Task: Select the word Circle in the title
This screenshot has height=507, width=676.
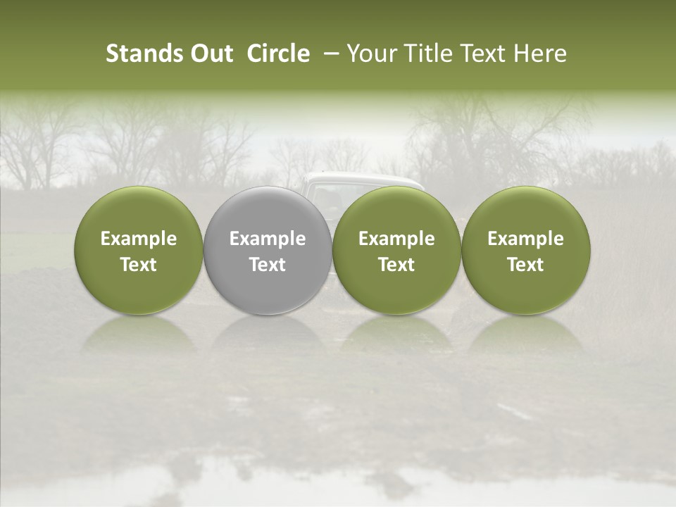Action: click(x=278, y=54)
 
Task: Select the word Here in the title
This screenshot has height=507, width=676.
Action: click(x=539, y=54)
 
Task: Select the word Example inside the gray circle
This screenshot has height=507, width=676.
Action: click(x=268, y=239)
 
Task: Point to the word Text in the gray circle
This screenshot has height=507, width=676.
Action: click(x=268, y=265)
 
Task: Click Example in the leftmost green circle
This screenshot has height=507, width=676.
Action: click(x=139, y=239)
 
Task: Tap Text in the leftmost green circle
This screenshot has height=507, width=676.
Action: click(x=139, y=265)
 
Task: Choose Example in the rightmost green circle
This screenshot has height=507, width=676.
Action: click(x=525, y=239)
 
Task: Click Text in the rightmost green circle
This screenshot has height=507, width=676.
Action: click(x=525, y=265)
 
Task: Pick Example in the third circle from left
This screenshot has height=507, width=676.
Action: click(x=396, y=239)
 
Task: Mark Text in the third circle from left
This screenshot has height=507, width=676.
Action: click(x=396, y=265)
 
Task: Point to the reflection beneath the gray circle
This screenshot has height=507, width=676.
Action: click(x=268, y=335)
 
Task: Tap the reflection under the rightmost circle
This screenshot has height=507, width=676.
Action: click(x=525, y=335)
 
